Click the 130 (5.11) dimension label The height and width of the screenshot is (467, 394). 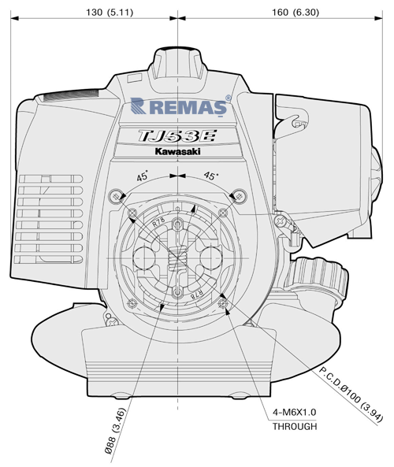click(110, 13)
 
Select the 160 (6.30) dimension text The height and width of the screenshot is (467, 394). click(295, 13)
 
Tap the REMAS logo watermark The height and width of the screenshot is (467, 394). click(179, 106)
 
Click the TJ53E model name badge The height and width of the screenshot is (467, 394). click(177, 136)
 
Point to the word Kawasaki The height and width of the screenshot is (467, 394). click(177, 151)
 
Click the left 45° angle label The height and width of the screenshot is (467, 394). click(142, 176)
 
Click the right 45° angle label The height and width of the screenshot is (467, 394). click(210, 176)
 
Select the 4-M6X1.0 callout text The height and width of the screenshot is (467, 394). click(295, 413)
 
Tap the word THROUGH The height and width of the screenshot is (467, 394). click(295, 426)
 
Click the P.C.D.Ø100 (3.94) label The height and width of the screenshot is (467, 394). click(351, 395)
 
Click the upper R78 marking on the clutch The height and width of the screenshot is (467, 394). click(158, 224)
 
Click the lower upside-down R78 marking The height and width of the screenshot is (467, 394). click(197, 294)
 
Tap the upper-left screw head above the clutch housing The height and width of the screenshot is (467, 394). click(115, 196)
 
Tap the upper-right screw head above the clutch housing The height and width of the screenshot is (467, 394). click(240, 196)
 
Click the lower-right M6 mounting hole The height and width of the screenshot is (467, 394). click(224, 303)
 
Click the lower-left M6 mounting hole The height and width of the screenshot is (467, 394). click(132, 303)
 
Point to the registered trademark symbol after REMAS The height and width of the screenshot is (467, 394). click(229, 98)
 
